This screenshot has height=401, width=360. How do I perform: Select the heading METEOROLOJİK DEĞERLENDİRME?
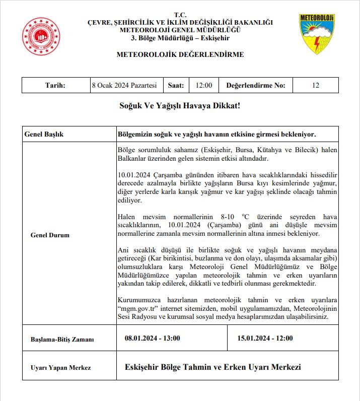pyautogui.click(x=180, y=54)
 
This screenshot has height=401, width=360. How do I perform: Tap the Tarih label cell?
pyautogui.click(x=55, y=85)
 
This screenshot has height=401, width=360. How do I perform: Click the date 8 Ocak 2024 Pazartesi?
pyautogui.click(x=124, y=85)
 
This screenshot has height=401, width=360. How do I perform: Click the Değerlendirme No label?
pyautogui.click(x=256, y=85)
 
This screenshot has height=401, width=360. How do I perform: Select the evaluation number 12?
pyautogui.click(x=315, y=85)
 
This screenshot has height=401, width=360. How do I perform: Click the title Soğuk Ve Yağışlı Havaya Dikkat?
pyautogui.click(x=180, y=106)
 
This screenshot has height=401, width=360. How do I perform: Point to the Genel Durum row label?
pyautogui.click(x=50, y=235)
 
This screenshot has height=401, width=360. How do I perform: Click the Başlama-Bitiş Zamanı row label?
pyautogui.click(x=62, y=339)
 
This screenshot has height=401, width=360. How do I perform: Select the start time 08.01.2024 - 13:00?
pyautogui.click(x=153, y=338)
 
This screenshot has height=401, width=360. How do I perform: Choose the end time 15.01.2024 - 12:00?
pyautogui.click(x=265, y=338)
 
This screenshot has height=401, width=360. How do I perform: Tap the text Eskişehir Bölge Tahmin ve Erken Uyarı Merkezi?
pyautogui.click(x=212, y=367)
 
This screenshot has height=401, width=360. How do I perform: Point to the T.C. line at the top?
pyautogui.click(x=180, y=15)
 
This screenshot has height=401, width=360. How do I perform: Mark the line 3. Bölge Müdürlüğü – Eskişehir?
pyautogui.click(x=180, y=38)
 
